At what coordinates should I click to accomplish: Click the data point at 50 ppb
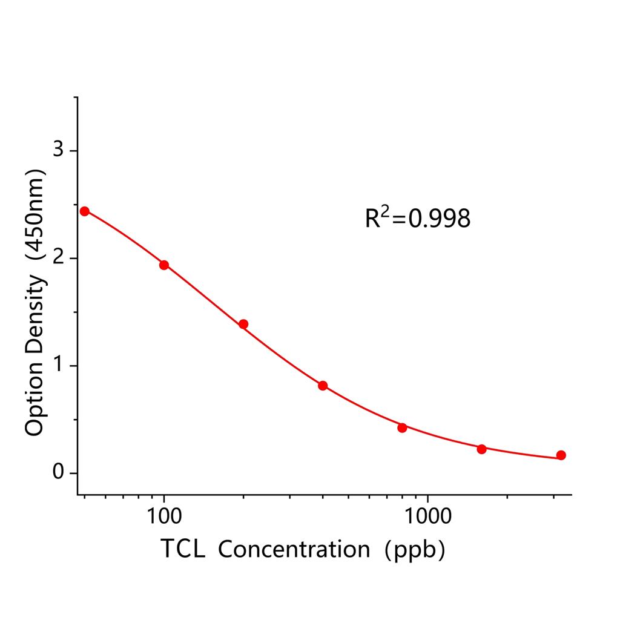[85, 211]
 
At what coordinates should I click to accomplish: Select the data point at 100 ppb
[164, 265]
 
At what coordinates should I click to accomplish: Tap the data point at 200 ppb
[243, 324]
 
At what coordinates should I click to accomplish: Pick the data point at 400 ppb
[323, 386]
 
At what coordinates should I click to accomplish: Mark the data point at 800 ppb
[402, 427]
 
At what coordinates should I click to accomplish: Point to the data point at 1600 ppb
[481, 449]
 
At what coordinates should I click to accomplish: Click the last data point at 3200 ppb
[561, 455]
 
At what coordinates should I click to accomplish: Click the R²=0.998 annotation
[417, 219]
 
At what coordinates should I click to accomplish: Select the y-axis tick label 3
[58, 150]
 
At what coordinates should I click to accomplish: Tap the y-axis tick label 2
[58, 258]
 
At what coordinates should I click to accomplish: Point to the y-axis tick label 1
[58, 366]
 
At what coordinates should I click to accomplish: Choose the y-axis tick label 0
[58, 473]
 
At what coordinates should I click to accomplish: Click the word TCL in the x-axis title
[183, 549]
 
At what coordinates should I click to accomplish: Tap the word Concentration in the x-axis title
[294, 549]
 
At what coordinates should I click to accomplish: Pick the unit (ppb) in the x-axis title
[415, 550]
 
